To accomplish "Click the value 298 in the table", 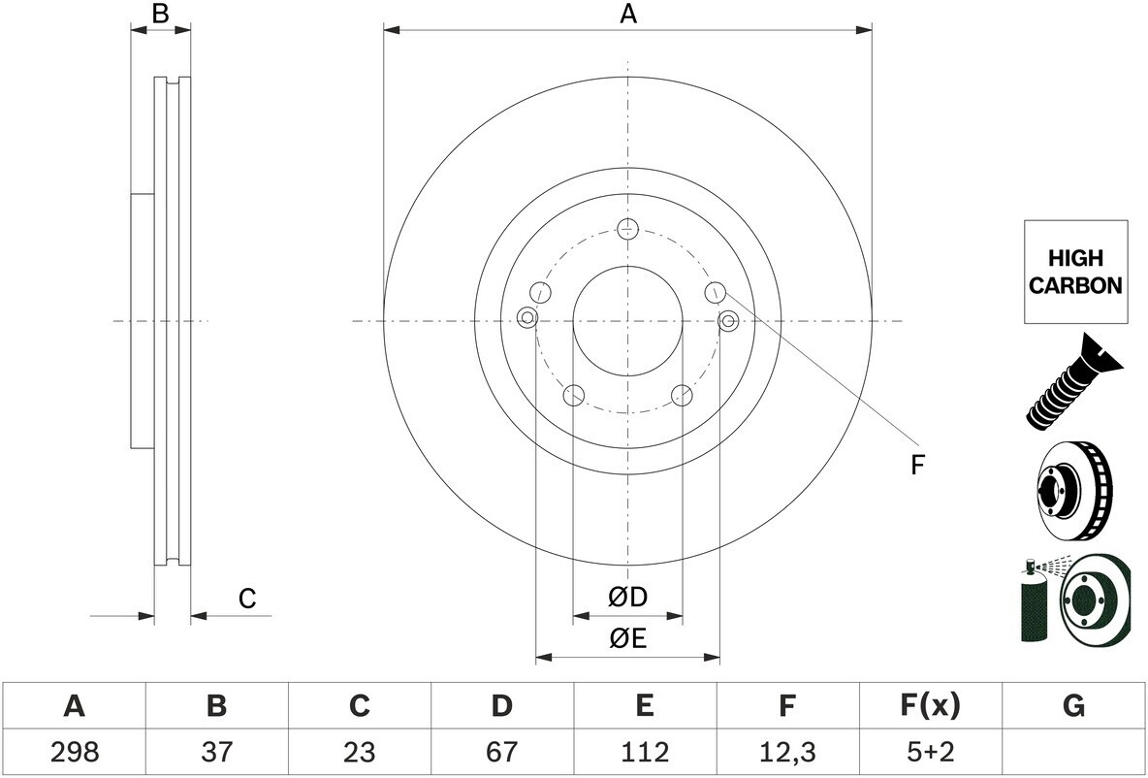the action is tap(75, 752).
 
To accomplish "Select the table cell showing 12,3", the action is tap(787, 752).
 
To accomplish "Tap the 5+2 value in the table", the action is tap(929, 752).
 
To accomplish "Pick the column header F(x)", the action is tap(929, 706).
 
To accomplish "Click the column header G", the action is tap(1072, 706).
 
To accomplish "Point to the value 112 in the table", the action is tap(644, 752).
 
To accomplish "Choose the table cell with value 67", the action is tap(501, 752).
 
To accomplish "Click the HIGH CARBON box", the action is tap(1074, 272).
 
